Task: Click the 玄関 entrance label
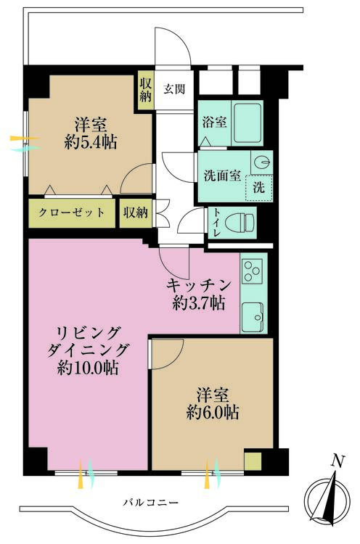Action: pos(174,89)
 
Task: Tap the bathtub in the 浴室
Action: pos(247,123)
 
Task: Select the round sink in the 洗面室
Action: pos(262,162)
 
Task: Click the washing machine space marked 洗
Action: pos(258,188)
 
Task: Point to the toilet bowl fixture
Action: pos(240,222)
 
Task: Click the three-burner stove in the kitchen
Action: pos(253,271)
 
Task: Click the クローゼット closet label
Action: pos(72,213)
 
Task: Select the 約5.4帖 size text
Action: pos(91,142)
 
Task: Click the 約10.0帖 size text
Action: pos(88,368)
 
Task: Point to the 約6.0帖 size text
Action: pos(212,413)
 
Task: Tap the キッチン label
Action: pos(199,286)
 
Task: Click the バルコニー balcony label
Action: pos(151,503)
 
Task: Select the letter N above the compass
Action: pos(337,462)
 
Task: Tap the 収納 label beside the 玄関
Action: pos(145,89)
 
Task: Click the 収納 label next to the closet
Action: pos(136,213)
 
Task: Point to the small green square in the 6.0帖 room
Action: pos(253,461)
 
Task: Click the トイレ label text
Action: pos(216,223)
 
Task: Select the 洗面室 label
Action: pos(222,176)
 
